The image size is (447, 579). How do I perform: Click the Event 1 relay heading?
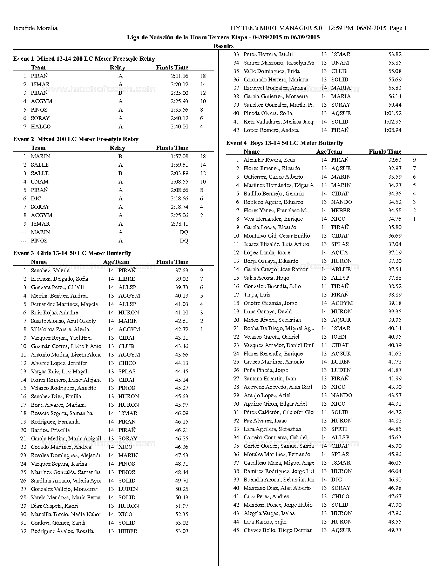click(84, 59)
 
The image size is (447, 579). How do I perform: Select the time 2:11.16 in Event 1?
click(180, 76)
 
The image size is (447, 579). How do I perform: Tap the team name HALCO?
click(41, 127)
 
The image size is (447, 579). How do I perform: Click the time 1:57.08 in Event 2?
click(180, 157)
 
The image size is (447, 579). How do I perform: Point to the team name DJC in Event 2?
click(36, 199)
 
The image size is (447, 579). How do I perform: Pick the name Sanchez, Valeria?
click(50, 271)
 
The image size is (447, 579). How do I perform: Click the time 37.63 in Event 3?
click(182, 271)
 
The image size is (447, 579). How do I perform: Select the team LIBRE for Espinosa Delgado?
click(127, 279)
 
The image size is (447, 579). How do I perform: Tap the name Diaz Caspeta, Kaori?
click(54, 506)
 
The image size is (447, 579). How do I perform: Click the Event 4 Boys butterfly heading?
click(284, 143)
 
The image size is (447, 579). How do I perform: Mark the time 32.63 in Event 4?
click(395, 160)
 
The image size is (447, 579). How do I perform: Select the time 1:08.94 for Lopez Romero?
click(393, 130)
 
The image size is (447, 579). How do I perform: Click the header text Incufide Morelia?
click(35, 28)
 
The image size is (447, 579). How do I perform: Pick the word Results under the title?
click(223, 46)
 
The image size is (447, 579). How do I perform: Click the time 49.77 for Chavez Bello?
click(395, 530)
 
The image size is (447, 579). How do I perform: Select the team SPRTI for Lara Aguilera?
click(339, 429)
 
